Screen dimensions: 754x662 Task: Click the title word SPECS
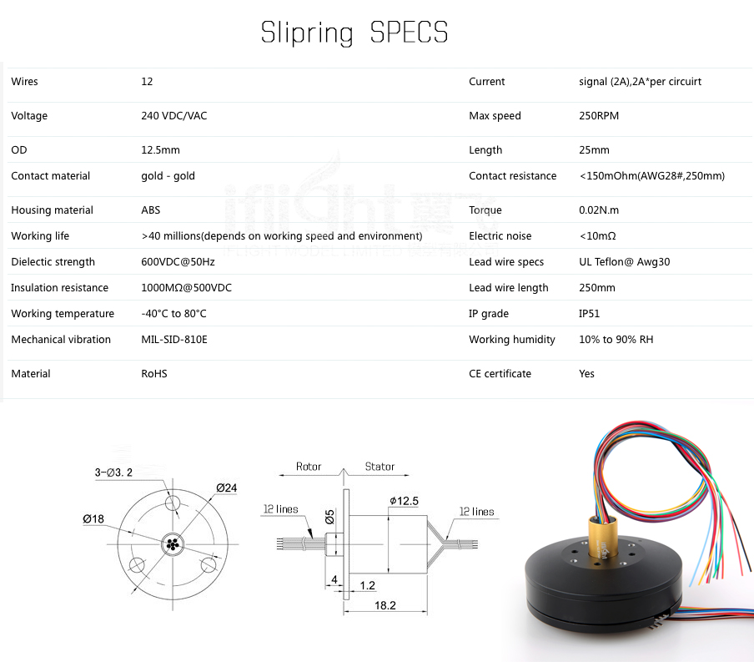(x=409, y=33)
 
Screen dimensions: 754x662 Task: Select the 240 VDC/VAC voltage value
(x=174, y=115)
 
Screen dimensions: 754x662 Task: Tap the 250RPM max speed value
(x=599, y=115)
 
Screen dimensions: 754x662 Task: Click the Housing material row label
(x=52, y=210)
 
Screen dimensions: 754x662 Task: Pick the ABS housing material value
(x=150, y=210)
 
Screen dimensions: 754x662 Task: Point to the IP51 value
(x=589, y=313)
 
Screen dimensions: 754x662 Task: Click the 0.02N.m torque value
(x=599, y=210)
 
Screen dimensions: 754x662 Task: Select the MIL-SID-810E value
(x=174, y=340)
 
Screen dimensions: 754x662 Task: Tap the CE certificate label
(x=500, y=374)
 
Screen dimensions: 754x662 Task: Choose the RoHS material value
(x=153, y=374)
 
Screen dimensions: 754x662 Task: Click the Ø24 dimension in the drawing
(x=227, y=488)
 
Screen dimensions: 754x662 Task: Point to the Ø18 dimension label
(x=93, y=519)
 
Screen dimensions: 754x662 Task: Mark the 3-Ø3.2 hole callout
(x=113, y=472)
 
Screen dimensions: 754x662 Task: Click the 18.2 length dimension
(x=385, y=605)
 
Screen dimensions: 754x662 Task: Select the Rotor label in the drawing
(x=309, y=467)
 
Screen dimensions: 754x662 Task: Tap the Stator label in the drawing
(x=380, y=467)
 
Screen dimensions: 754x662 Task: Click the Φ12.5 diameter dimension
(x=404, y=501)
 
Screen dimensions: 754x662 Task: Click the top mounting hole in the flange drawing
(x=172, y=503)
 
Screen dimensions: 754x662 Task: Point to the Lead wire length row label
(x=508, y=287)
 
